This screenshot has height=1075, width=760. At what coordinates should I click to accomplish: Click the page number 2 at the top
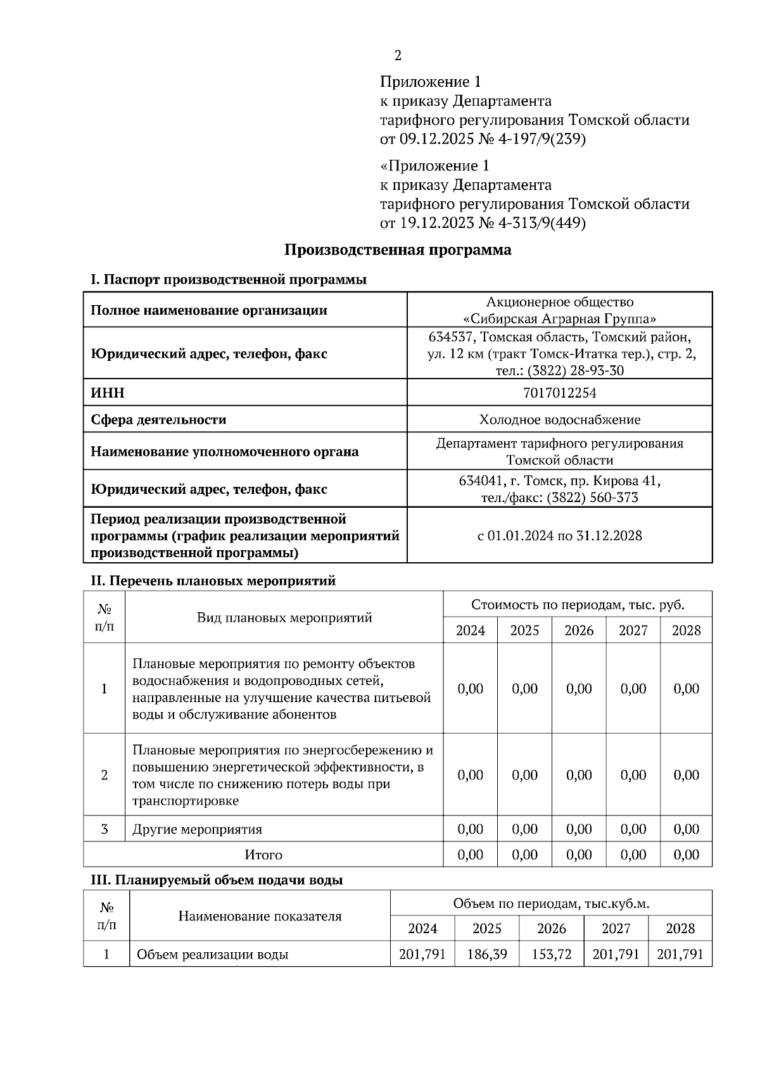[398, 56]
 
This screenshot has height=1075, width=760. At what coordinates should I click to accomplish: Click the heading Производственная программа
[397, 249]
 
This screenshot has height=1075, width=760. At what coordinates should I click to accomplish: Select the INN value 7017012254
[560, 393]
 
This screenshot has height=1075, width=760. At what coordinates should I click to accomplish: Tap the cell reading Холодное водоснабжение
[560, 420]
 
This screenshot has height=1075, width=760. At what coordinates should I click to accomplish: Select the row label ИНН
[108, 393]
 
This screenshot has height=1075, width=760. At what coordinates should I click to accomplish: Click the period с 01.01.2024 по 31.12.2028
[560, 536]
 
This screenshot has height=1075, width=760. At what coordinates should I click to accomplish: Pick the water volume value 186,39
[486, 954]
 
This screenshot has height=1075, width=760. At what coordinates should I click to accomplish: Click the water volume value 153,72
[551, 954]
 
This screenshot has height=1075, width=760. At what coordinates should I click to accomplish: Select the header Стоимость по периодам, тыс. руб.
[578, 605]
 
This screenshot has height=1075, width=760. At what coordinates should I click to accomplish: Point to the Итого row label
[263, 855]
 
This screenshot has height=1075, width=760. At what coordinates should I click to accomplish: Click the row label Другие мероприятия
[197, 829]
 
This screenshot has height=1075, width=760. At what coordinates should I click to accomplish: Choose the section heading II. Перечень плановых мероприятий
[213, 581]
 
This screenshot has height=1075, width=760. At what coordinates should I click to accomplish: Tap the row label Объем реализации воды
[212, 955]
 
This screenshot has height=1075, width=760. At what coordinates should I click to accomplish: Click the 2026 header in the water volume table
[551, 929]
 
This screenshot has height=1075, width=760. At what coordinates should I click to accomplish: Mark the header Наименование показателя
[260, 916]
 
